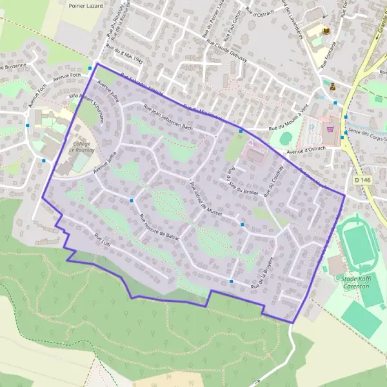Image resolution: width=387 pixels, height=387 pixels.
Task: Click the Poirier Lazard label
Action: click(x=85, y=4)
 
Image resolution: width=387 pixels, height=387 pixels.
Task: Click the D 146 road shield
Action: click(x=363, y=181)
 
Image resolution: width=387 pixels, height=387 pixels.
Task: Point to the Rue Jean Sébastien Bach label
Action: click(x=168, y=117)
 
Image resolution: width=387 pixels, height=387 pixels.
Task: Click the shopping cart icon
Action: click(x=330, y=128)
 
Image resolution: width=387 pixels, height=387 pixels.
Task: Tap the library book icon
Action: click(x=326, y=30)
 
